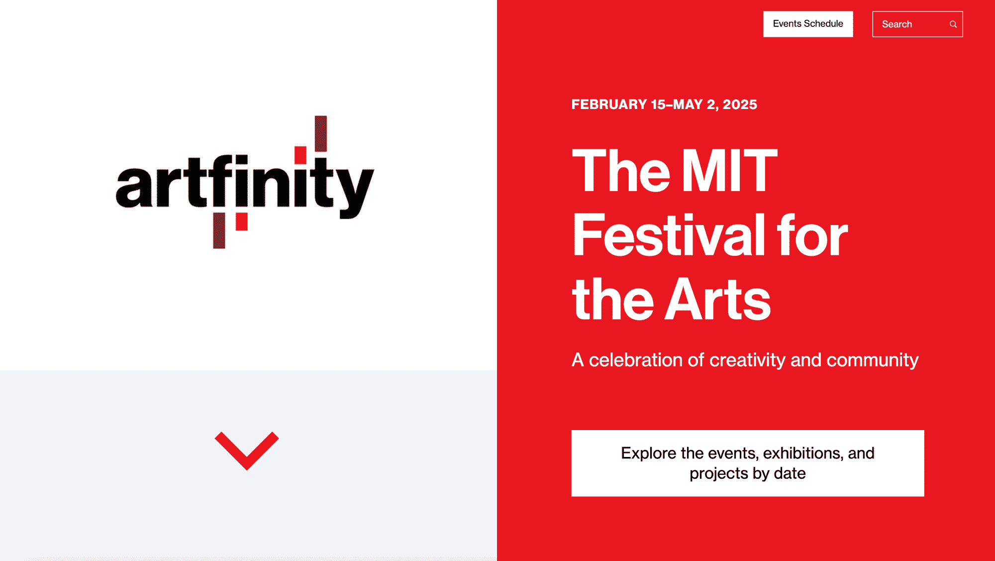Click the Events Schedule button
(808, 24)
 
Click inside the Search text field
(910, 24)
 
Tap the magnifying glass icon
(953, 24)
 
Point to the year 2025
(740, 105)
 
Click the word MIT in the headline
(729, 170)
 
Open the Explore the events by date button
(748, 463)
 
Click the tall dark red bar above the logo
(321, 133)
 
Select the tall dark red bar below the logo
(219, 230)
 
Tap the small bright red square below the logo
(242, 222)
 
